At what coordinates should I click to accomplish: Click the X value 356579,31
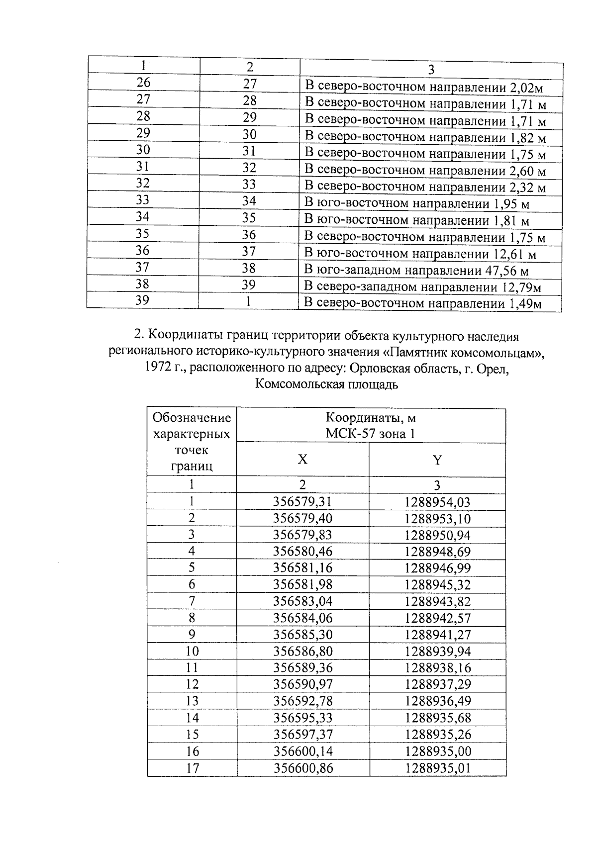point(302,502)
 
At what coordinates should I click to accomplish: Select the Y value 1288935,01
point(437,768)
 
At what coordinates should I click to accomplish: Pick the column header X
point(302,460)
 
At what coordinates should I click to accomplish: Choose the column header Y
point(437,460)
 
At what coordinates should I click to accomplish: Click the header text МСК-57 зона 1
point(370,434)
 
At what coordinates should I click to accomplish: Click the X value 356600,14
point(302,751)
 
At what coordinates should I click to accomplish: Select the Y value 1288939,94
point(437,652)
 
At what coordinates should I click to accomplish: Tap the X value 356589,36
point(302,668)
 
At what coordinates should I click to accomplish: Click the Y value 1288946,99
point(437,568)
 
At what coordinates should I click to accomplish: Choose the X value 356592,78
point(302,701)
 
